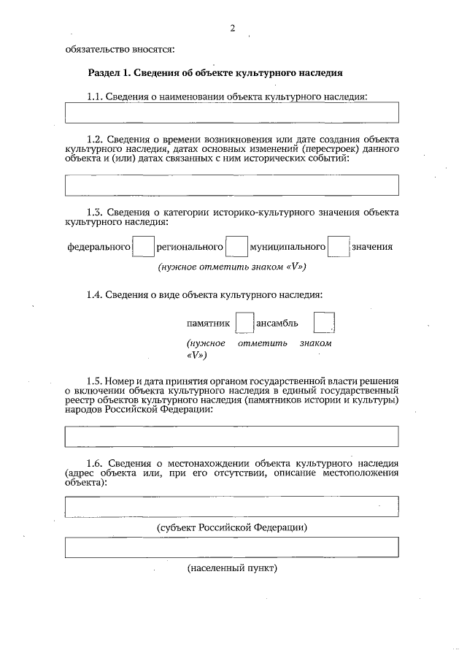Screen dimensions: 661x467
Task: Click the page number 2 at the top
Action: coord(232,28)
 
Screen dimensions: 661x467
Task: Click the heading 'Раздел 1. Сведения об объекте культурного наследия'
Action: coord(215,74)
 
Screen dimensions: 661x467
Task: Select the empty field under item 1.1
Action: coord(232,112)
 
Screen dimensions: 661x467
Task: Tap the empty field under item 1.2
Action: coord(232,185)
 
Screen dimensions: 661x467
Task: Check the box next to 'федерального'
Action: coord(144,246)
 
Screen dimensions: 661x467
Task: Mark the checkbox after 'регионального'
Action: coord(236,246)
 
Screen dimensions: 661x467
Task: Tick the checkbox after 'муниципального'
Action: coord(339,246)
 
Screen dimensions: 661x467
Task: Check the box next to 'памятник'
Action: coord(244,322)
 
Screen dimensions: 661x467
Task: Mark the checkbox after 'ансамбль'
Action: coord(323,322)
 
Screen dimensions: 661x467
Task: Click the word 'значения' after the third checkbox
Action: coord(372,247)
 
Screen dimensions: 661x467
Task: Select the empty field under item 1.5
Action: coord(232,436)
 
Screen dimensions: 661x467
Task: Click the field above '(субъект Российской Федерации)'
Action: coord(232,506)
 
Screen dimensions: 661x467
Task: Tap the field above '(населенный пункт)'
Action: coord(232,547)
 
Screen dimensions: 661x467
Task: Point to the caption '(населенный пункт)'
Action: coord(233,568)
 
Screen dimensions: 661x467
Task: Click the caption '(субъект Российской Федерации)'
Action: coord(232,527)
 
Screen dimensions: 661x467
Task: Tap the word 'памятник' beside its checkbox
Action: coord(209,323)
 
